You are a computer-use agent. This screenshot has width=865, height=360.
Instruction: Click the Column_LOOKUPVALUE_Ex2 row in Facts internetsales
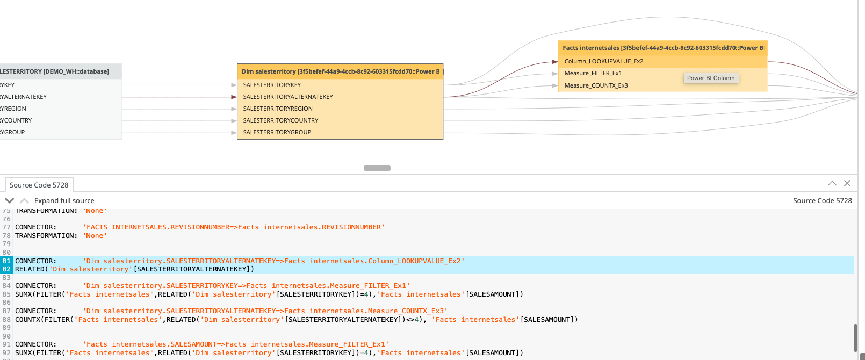click(x=603, y=61)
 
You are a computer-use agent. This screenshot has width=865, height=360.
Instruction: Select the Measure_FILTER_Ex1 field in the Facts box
click(x=593, y=73)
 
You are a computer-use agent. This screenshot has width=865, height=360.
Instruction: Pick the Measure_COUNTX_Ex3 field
click(x=596, y=85)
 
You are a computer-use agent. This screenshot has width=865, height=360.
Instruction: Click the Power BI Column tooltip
click(x=710, y=78)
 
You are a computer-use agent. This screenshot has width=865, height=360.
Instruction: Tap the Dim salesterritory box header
click(x=340, y=71)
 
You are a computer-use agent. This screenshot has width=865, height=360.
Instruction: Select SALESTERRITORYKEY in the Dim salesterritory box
click(x=272, y=85)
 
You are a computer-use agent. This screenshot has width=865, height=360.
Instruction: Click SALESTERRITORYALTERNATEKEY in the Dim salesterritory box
click(x=288, y=97)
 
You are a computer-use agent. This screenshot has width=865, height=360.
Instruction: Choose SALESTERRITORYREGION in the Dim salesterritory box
click(x=277, y=109)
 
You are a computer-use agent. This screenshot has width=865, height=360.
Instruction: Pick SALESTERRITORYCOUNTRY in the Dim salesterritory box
click(x=280, y=120)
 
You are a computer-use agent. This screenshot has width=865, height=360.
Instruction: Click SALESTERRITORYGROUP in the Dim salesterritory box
click(x=277, y=132)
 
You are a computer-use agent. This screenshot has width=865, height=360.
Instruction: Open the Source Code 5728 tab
click(x=39, y=185)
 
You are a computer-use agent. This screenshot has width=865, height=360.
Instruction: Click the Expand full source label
click(x=64, y=200)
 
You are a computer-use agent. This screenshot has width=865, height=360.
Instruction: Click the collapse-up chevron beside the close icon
click(x=832, y=183)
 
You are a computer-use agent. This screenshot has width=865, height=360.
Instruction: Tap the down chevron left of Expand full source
click(x=10, y=200)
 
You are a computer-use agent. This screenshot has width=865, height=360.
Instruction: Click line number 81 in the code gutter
click(x=6, y=261)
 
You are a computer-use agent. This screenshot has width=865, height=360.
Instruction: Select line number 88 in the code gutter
click(x=6, y=320)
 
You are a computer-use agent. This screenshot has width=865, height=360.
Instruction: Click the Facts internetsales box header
click(x=662, y=48)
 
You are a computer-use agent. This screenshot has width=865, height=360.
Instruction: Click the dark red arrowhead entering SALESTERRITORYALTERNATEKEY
click(x=234, y=97)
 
